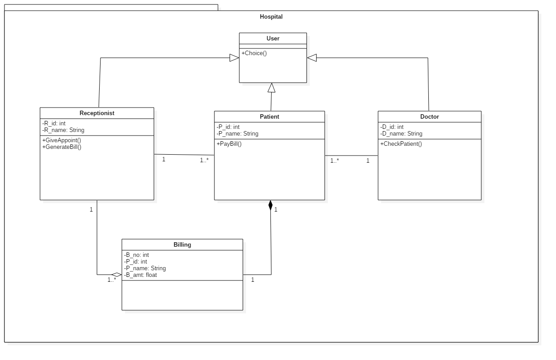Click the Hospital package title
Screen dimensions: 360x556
pyautogui.click(x=271, y=17)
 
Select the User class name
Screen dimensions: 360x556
pyautogui.click(x=273, y=39)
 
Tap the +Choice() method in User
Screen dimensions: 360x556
pyautogui.click(x=254, y=53)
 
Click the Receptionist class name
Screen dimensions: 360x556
pyautogui.click(x=97, y=113)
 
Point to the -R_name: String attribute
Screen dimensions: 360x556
pyautogui.click(x=63, y=130)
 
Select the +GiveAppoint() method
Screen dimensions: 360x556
pyautogui.click(x=62, y=140)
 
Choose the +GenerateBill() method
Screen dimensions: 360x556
pyautogui.click(x=62, y=147)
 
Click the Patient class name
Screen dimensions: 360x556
pyautogui.click(x=270, y=117)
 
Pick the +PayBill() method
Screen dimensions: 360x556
pyautogui.click(x=229, y=144)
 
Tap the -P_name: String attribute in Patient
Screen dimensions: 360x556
pyautogui.click(x=238, y=134)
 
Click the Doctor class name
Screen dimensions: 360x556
pyautogui.click(x=430, y=117)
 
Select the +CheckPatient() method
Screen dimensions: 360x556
pyautogui.click(x=401, y=144)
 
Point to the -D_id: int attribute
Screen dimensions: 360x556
pyautogui.click(x=392, y=127)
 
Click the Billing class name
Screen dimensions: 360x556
pyautogui.click(x=182, y=245)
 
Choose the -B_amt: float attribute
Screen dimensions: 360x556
pyautogui.click(x=141, y=275)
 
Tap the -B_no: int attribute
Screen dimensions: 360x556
pyautogui.click(x=137, y=255)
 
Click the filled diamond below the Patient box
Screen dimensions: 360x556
pyautogui.click(x=270, y=205)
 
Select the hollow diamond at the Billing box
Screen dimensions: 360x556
pyautogui.click(x=117, y=275)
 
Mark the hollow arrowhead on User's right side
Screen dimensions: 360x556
pyautogui.click(x=312, y=58)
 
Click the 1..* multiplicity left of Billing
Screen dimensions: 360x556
pyautogui.click(x=112, y=280)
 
